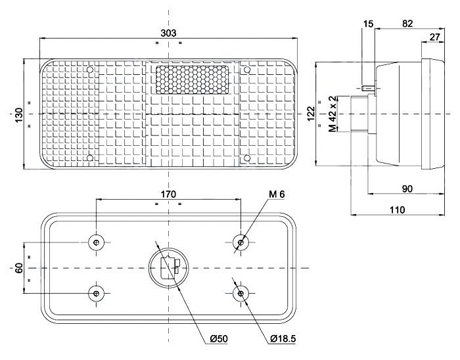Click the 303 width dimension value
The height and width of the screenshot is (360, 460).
point(168,33)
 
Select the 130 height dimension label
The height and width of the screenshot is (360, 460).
point(20,115)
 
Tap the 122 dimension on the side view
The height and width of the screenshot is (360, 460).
point(311,114)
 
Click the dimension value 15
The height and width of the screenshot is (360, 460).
point(368,24)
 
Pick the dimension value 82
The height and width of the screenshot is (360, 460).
point(407,24)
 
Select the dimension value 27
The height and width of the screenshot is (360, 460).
point(434,37)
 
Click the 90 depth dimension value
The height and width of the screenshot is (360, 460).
point(407,189)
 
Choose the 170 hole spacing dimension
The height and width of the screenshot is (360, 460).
point(168,194)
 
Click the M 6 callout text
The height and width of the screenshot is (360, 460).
point(277,194)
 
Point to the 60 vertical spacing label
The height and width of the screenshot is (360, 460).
point(20,268)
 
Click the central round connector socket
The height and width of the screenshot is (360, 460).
point(169,268)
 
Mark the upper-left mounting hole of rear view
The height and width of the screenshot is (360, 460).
point(97,243)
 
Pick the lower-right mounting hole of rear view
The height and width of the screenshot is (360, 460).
point(241,293)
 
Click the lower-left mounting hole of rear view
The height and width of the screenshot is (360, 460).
point(97,293)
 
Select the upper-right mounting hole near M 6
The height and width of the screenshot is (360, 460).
point(241,243)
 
